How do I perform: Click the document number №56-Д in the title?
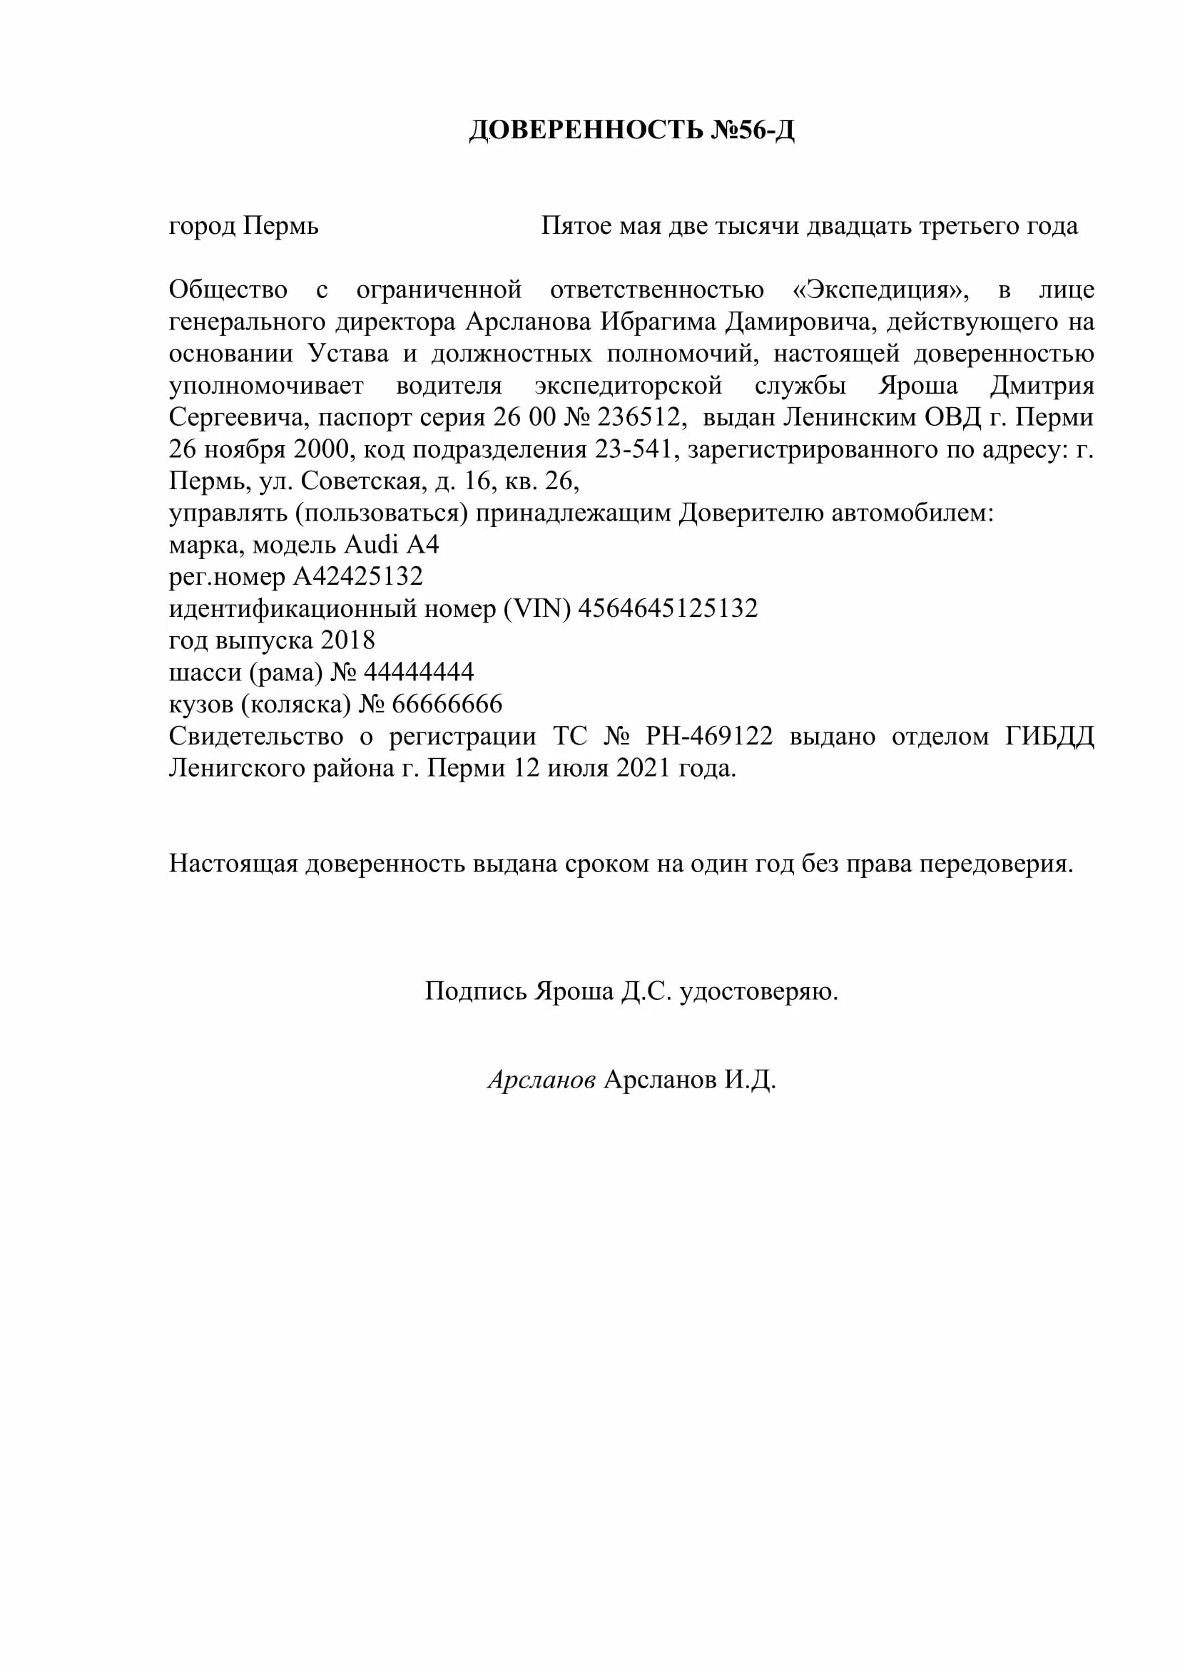coord(751,130)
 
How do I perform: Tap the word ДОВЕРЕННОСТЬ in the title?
coord(586,130)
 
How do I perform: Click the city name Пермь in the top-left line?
coord(280,227)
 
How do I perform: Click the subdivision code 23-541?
coord(633,449)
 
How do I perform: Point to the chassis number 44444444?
coord(419,672)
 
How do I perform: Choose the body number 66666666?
coord(447,704)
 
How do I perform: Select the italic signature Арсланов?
coord(541,1080)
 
